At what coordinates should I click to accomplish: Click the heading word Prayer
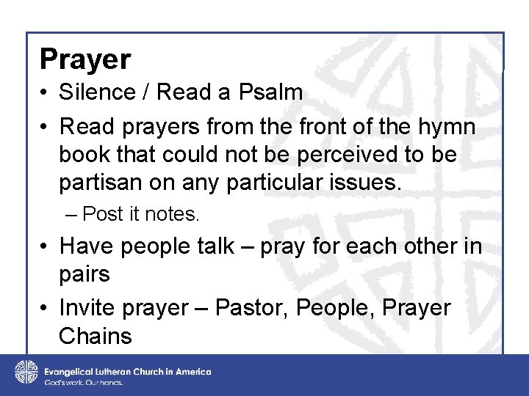[85, 59]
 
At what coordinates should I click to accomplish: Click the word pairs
[84, 275]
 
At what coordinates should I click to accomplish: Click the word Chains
[95, 337]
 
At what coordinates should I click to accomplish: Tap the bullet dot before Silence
[45, 93]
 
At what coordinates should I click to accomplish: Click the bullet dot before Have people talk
[45, 246]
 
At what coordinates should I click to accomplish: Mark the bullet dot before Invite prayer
[45, 309]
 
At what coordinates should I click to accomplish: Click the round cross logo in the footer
[26, 372]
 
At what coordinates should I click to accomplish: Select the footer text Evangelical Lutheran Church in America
[127, 371]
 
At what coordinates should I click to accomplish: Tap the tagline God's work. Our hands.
[83, 382]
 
